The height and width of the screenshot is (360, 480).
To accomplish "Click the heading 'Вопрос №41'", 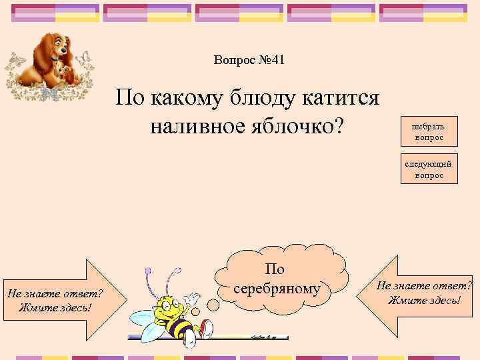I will [x=249, y=60].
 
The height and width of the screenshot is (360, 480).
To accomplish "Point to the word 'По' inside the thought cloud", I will [x=275, y=269].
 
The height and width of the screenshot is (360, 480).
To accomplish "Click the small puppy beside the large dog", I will [x=65, y=69].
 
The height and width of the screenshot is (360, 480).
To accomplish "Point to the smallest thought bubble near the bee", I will [x=196, y=312].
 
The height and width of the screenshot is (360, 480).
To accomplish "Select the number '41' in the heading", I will [x=276, y=60].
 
